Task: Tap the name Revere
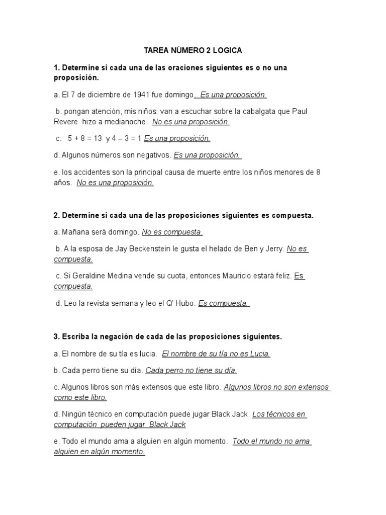[66, 122]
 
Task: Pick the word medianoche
[127, 122]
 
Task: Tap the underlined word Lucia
[259, 354]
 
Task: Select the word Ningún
[73, 414]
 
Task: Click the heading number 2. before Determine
[57, 215]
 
